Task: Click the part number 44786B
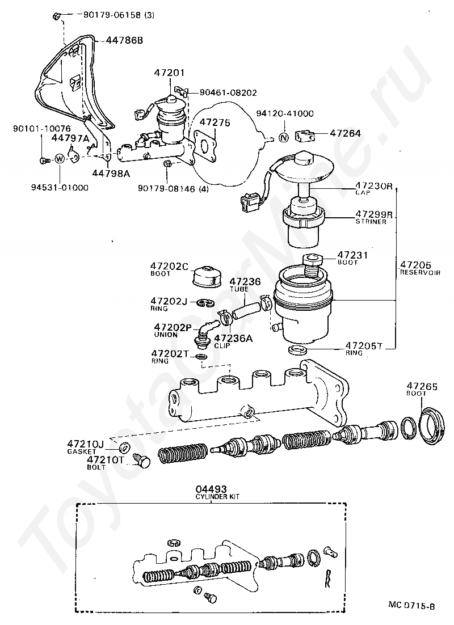coord(124,41)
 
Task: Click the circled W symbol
coord(60,159)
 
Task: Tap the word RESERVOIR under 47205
coord(416,272)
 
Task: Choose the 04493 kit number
coord(211,488)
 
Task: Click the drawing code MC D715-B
coord(411,606)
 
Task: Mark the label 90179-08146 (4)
coord(173,189)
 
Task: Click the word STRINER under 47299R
coord(371,222)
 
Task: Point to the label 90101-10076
coord(38,129)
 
